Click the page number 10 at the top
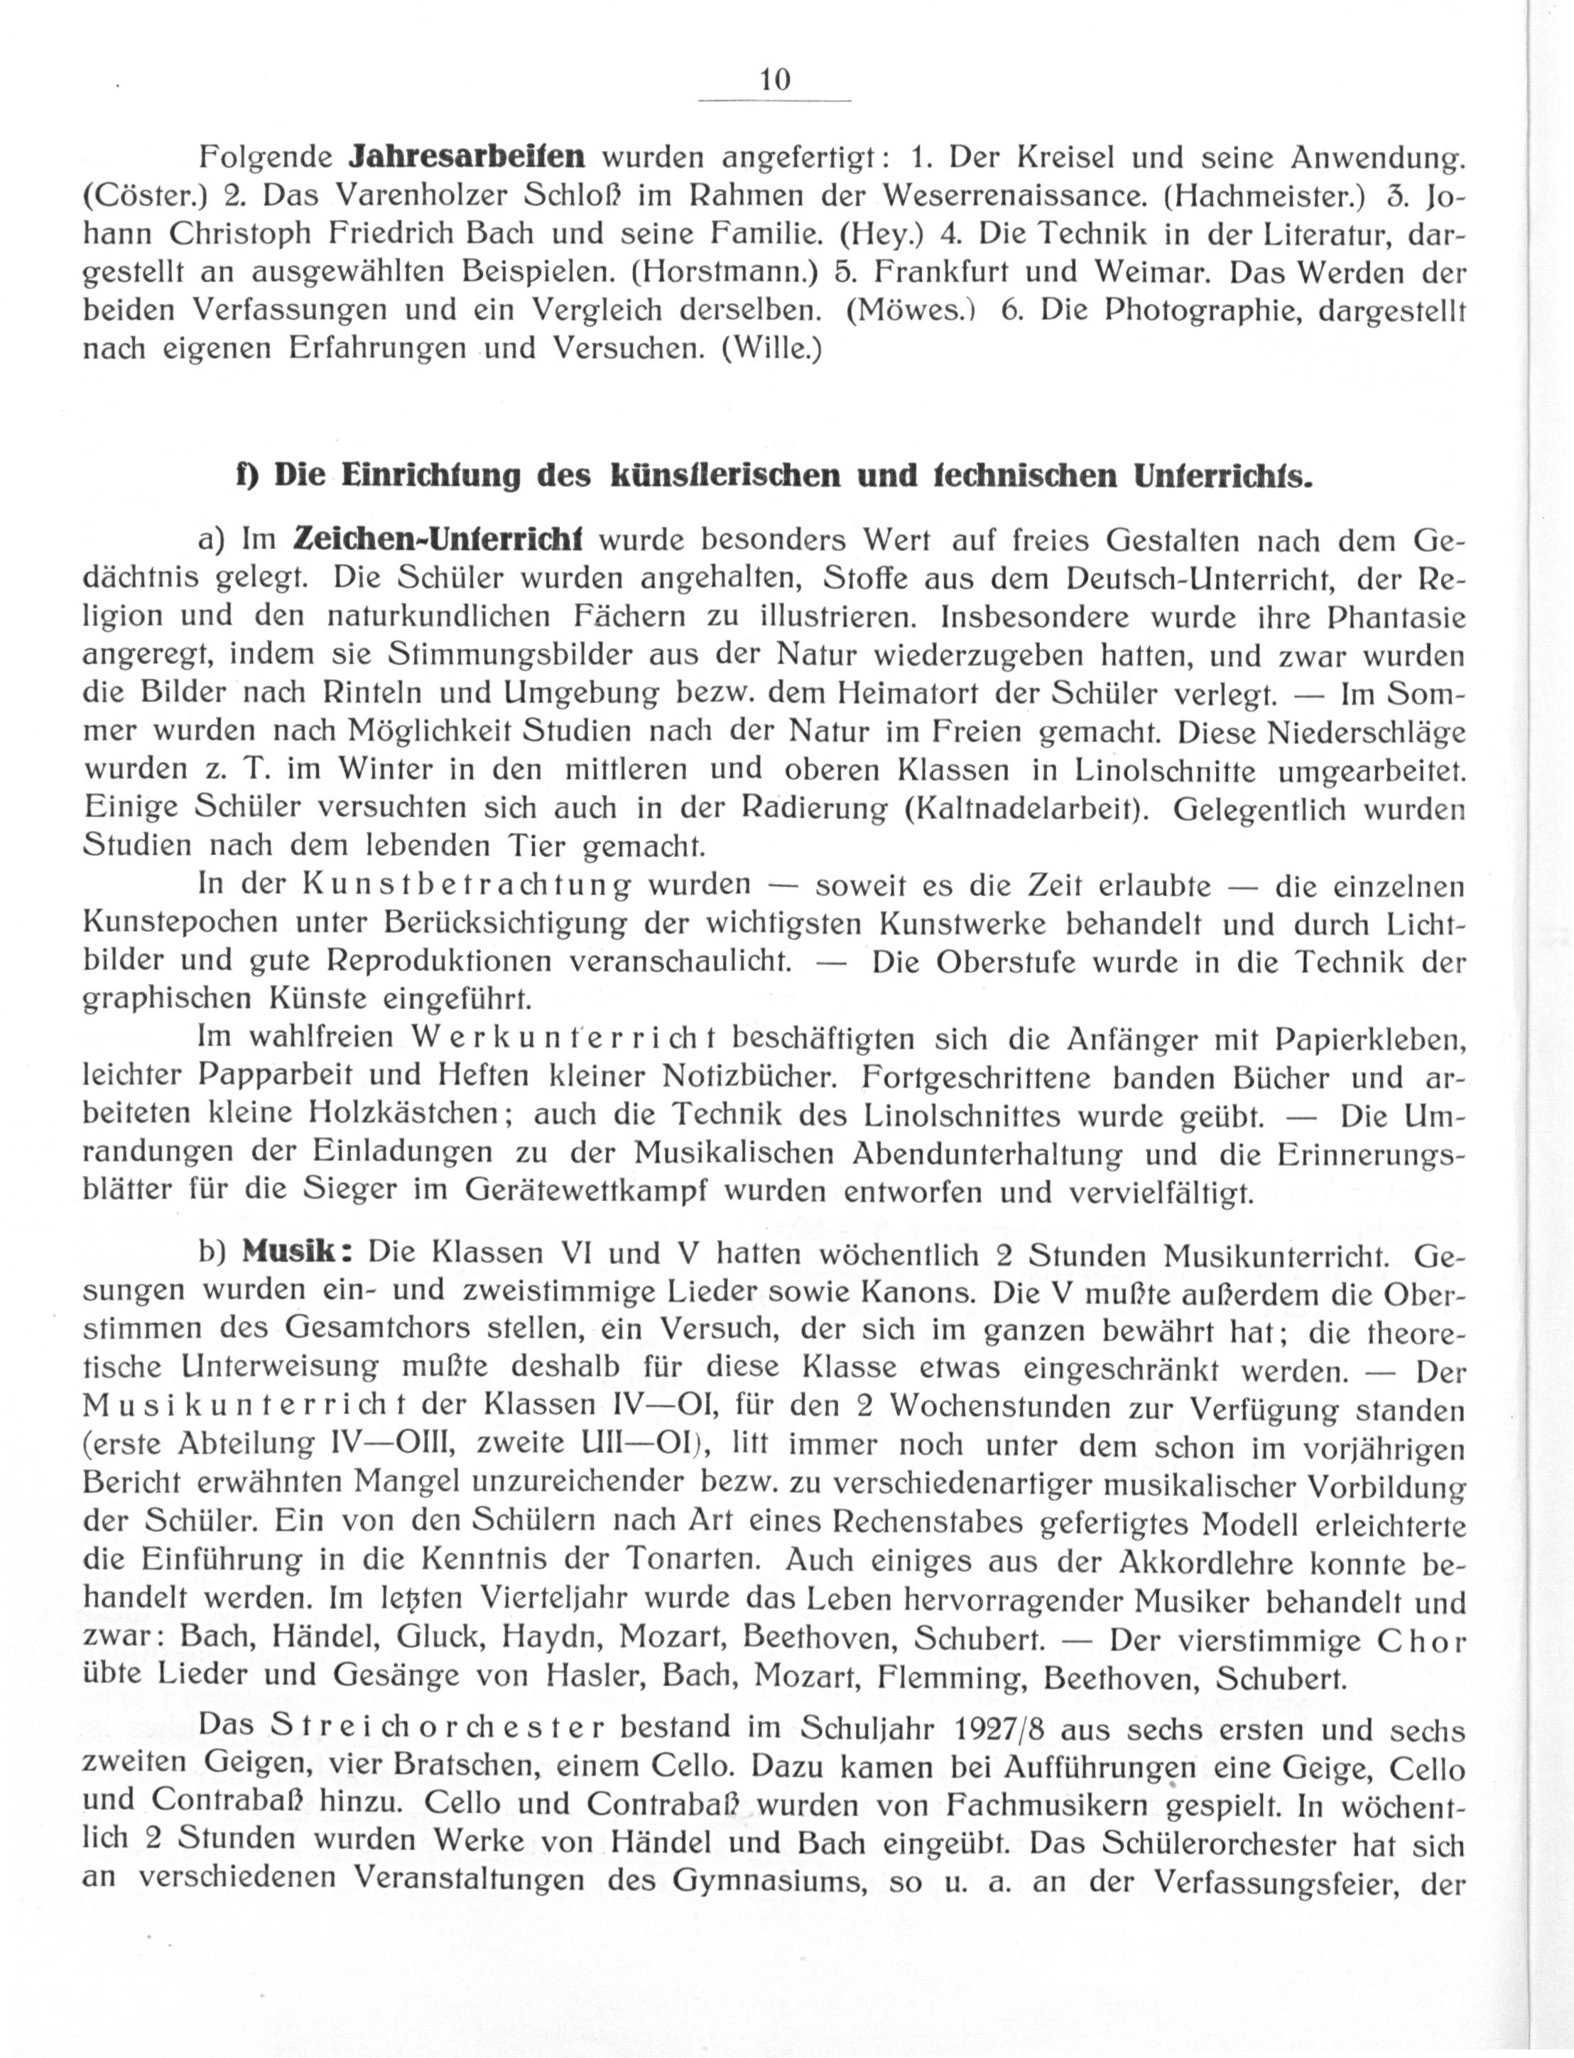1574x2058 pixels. pyautogui.click(x=776, y=80)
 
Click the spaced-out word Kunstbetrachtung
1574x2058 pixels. pyautogui.click(x=467, y=886)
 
